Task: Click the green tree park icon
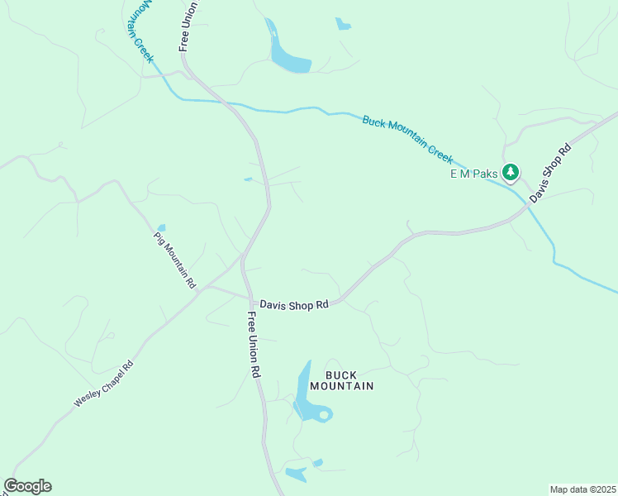tap(511, 172)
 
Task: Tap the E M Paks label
tap(474, 174)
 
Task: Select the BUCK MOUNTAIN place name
tap(342, 380)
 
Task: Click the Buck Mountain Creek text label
tap(408, 138)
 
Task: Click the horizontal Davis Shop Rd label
tap(294, 304)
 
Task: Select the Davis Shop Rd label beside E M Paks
tap(550, 174)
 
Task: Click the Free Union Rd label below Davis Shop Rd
tap(254, 346)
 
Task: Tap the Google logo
tap(27, 486)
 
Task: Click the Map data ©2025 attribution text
tap(582, 489)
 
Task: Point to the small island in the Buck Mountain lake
tap(324, 413)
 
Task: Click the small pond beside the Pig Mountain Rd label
tap(161, 227)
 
